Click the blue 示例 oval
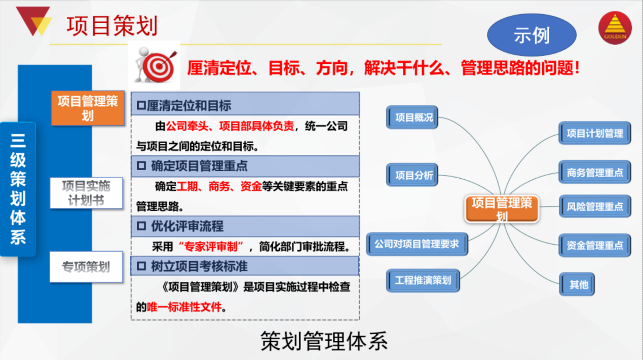pos(532,35)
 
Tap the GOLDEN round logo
pos(615,27)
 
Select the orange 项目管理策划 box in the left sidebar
pos(88,108)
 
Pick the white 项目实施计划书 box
pos(86,193)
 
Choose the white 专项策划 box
pos(86,267)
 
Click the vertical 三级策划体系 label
pos(18,189)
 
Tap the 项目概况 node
pos(412,117)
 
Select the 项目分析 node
pos(412,175)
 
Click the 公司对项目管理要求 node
pos(417,244)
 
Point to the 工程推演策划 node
pos(423,281)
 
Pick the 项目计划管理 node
pos(595,133)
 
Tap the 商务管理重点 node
pos(595,172)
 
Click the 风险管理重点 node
pos(595,206)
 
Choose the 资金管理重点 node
pos(595,245)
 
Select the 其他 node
pos(577,284)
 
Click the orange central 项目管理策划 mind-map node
pos(502,209)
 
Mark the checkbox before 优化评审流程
pos(141,226)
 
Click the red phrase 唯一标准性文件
pos(184,307)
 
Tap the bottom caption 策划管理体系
pos(324,341)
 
